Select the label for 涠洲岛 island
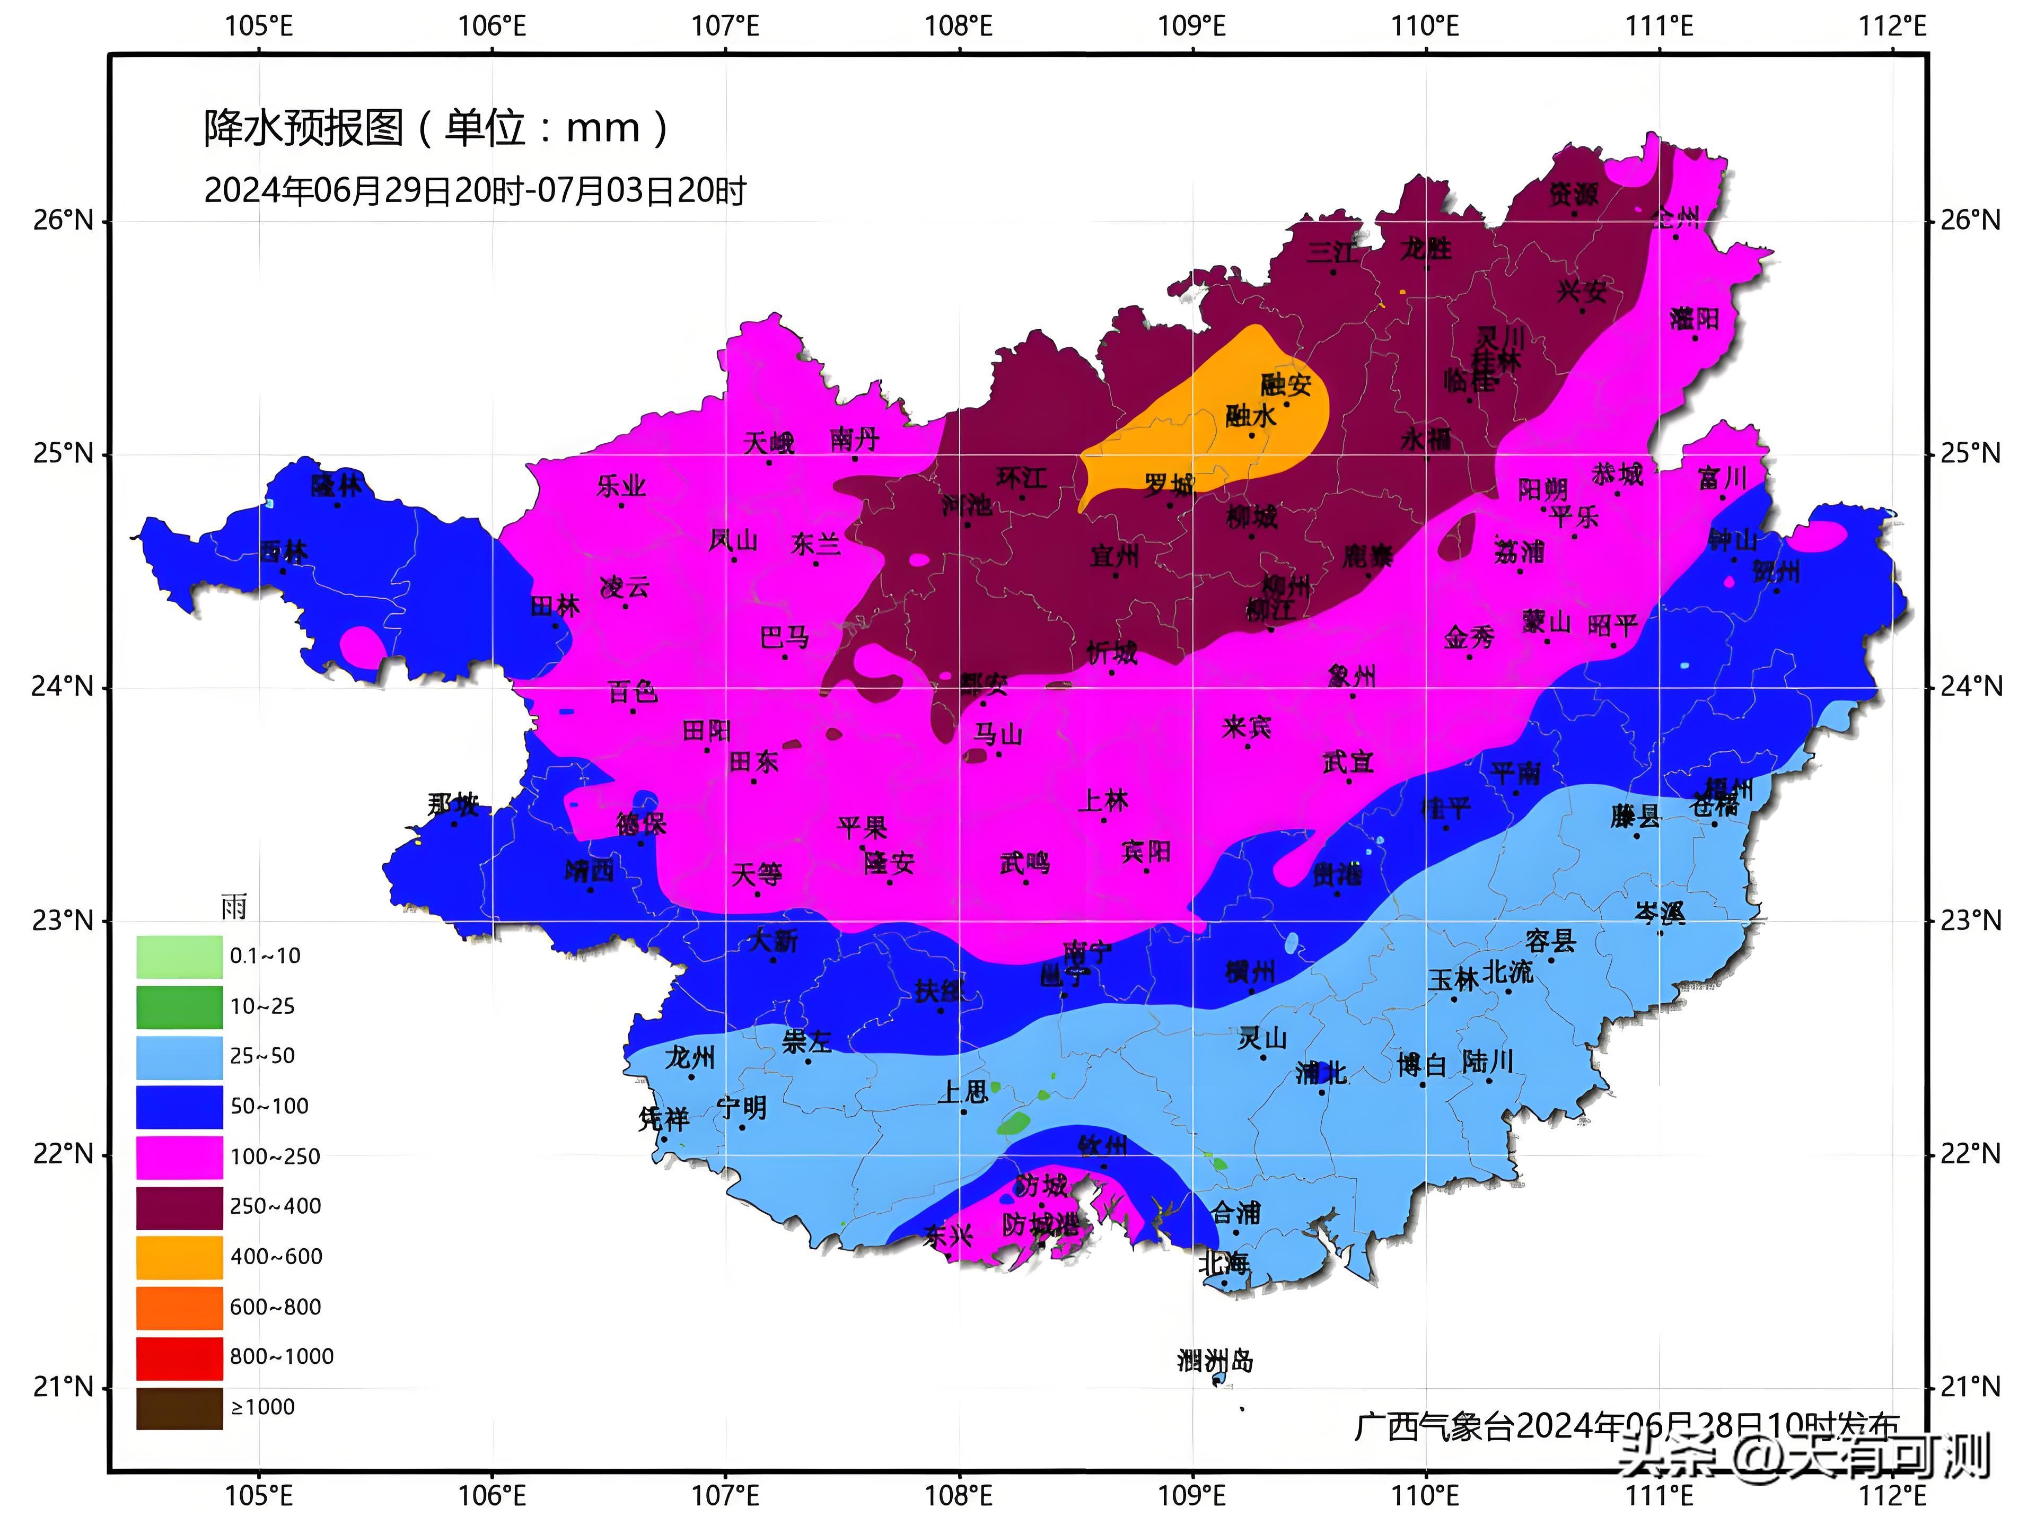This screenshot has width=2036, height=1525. point(1215,1360)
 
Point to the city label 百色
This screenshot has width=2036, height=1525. point(633,690)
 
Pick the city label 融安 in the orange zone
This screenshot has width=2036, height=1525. point(1286,384)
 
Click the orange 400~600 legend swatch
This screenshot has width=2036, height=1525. point(180,1256)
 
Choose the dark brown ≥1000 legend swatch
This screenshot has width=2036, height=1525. point(180,1407)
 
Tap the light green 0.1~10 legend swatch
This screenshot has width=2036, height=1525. point(180,956)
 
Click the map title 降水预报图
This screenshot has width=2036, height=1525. point(304,127)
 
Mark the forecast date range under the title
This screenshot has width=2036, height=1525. point(474,190)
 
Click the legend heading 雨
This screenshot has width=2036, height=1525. point(234,907)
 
